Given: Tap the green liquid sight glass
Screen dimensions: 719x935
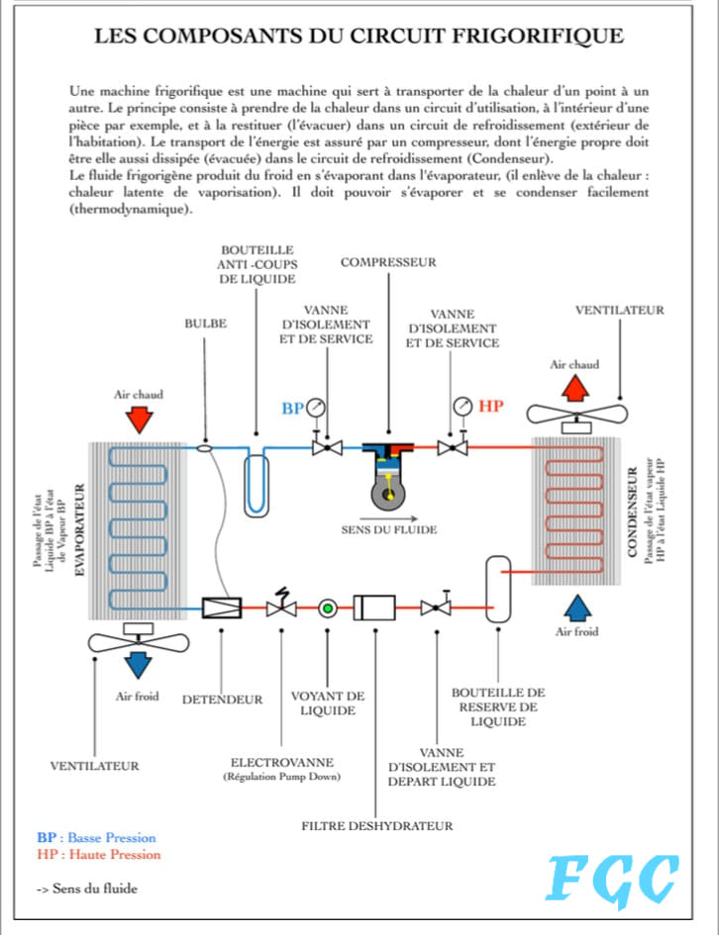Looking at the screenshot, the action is [327, 608].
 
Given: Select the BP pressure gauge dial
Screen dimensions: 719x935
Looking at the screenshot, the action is [316, 408].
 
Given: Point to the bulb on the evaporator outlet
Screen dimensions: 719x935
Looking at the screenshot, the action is [204, 447].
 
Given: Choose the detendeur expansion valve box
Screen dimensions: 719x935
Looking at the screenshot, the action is [222, 608].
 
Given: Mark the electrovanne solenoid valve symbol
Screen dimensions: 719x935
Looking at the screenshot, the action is [281, 604].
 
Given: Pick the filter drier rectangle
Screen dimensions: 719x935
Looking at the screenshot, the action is [374, 608].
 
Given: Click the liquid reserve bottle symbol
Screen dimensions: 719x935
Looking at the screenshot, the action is [498, 589].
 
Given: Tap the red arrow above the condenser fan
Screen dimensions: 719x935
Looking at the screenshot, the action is [575, 388].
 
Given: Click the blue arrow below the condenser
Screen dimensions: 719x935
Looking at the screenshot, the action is [577, 608].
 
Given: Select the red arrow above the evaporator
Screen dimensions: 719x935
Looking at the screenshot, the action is [140, 420].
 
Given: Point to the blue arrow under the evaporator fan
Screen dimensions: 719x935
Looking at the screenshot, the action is [139, 665].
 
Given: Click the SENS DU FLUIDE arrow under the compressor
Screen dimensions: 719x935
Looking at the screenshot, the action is [388, 518].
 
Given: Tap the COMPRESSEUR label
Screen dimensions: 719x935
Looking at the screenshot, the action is [388, 262].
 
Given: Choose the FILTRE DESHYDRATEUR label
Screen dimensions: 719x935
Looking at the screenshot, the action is [377, 826].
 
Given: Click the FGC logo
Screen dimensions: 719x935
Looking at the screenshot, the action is [612, 881].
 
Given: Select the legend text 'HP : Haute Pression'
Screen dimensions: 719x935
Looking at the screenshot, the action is [99, 855].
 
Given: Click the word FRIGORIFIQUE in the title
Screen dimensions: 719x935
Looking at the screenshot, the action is [538, 37].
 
